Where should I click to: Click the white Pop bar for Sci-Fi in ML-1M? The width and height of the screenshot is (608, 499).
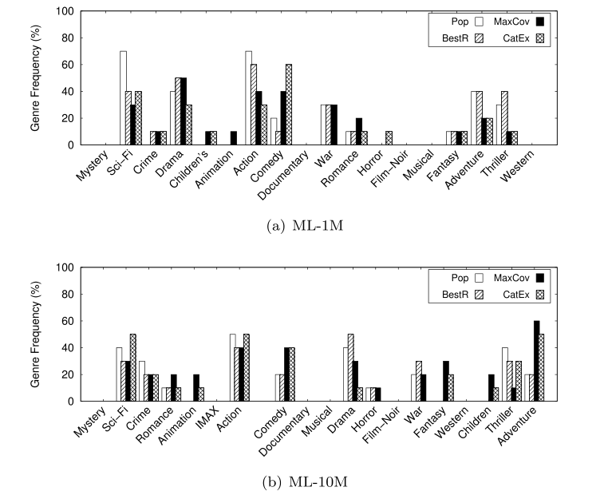123,97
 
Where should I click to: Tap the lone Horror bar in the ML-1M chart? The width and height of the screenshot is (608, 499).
389,138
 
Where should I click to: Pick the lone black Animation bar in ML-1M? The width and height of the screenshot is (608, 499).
233,138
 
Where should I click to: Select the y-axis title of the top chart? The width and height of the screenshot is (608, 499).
33,77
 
